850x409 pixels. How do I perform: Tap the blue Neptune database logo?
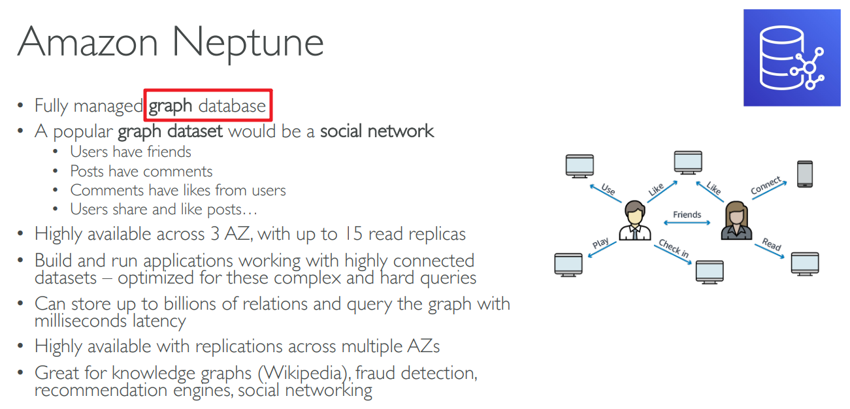click(x=791, y=57)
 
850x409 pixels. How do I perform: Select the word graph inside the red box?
click(x=171, y=106)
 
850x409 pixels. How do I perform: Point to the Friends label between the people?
click(x=687, y=214)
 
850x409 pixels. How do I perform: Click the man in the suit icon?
click(x=634, y=221)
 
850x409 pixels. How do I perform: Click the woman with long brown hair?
click(x=737, y=221)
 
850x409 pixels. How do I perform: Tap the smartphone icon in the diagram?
click(x=805, y=174)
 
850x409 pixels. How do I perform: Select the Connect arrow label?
click(x=766, y=186)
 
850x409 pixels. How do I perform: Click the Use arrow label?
click(x=608, y=189)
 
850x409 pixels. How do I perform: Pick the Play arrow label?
click(x=600, y=243)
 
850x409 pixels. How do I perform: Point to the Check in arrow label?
click(x=673, y=248)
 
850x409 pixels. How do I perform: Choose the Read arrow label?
click(x=772, y=245)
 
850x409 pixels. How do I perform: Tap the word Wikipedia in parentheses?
click(x=302, y=373)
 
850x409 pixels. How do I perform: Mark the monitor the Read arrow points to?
click(x=804, y=263)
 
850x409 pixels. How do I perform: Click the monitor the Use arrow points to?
click(x=580, y=166)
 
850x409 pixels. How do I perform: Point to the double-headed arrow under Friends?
click(x=687, y=223)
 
